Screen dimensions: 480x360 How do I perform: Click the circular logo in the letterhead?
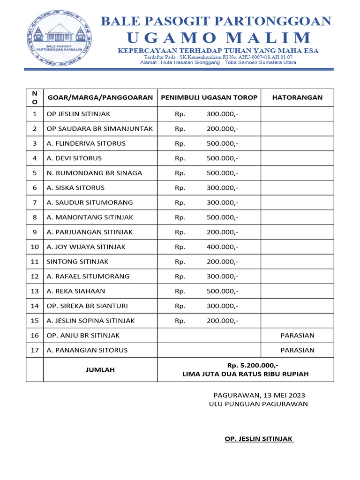59,38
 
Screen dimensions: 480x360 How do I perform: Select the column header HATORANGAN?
297,97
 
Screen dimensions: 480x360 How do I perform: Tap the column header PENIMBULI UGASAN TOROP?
209,97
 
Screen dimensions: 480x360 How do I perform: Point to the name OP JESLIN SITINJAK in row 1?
78,114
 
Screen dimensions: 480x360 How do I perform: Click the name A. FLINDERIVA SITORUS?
86,143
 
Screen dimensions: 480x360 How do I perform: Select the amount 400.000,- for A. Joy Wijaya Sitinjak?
222,247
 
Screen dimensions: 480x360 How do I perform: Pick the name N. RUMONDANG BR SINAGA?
94,173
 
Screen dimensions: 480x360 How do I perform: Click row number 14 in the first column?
34,306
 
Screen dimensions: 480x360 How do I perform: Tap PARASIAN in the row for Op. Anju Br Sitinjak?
297,335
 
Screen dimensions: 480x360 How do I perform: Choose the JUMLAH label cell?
100,370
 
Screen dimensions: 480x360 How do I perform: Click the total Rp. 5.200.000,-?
245,365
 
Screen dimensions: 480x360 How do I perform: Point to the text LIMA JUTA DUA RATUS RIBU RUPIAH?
245,374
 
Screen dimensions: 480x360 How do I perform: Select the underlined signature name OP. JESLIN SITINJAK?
259,439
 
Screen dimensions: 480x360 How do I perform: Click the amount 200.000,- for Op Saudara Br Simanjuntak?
222,128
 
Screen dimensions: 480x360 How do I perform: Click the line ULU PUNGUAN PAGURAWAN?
258,404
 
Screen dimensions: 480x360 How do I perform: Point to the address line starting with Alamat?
218,62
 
